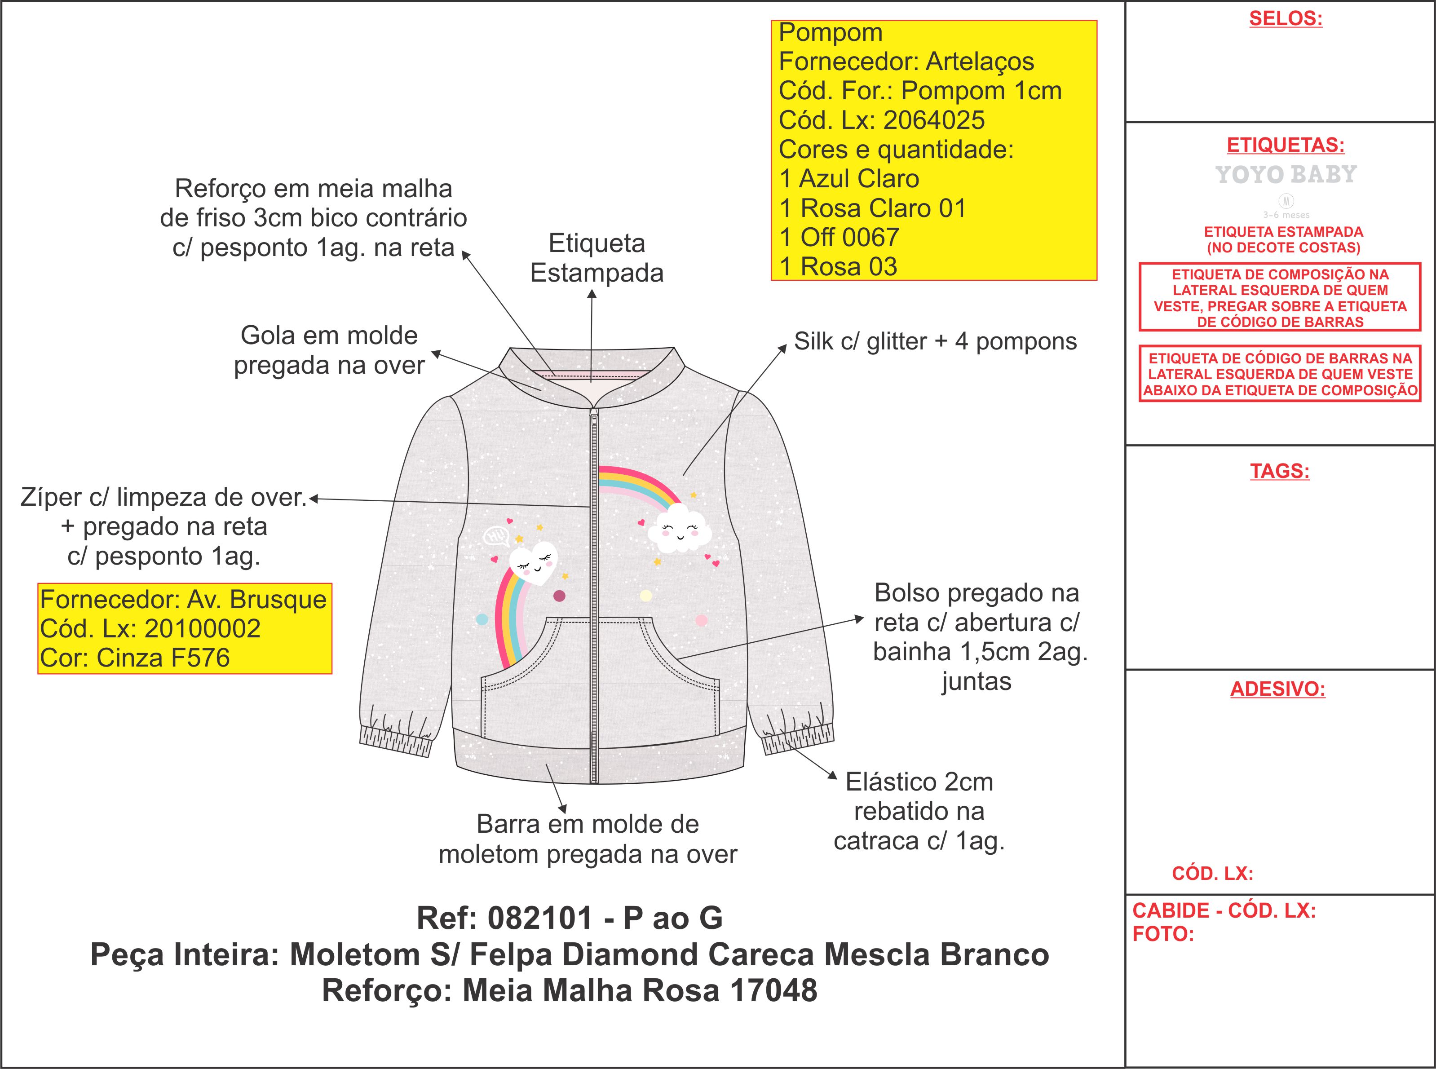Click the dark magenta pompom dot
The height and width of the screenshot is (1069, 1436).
pyautogui.click(x=560, y=595)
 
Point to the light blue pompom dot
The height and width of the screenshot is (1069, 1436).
pyautogui.click(x=482, y=619)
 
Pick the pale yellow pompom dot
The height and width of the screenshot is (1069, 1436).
pyautogui.click(x=645, y=595)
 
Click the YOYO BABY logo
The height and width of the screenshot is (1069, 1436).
pyautogui.click(x=1285, y=175)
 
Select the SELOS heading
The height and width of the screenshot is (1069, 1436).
pyautogui.click(x=1285, y=19)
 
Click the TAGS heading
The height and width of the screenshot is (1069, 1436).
pyautogui.click(x=1279, y=471)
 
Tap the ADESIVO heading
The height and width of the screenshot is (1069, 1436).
pyautogui.click(x=1277, y=689)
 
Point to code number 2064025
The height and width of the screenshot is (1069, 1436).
pyautogui.click(x=934, y=120)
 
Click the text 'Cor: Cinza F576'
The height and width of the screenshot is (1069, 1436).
pyautogui.click(x=135, y=658)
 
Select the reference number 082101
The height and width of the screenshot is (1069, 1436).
pyautogui.click(x=540, y=918)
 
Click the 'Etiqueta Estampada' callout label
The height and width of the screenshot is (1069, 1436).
pyautogui.click(x=596, y=258)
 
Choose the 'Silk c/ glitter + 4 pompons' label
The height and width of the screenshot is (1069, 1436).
pyautogui.click(x=935, y=342)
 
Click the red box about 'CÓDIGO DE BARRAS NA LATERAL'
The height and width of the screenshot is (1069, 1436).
pyautogui.click(x=1279, y=374)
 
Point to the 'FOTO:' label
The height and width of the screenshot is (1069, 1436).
pyautogui.click(x=1163, y=934)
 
